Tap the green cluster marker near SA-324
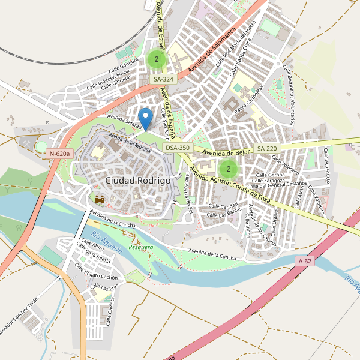[x=157, y=59]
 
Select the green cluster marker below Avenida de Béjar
[x=228, y=169]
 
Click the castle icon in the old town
[x=100, y=199]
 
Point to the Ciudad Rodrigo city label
[x=137, y=180]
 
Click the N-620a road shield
[x=59, y=154]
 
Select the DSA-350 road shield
[x=178, y=148]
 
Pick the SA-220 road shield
[x=267, y=148]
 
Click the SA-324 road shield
[x=163, y=79]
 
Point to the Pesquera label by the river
[x=141, y=247]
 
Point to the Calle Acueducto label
[x=328, y=165]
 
